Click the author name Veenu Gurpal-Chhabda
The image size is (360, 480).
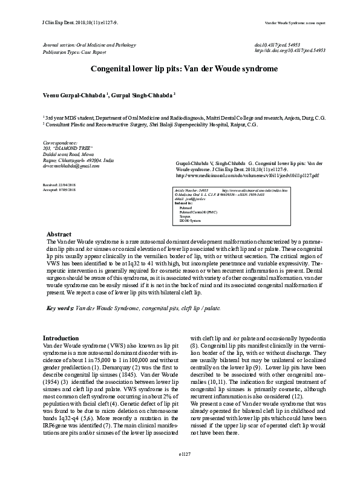[74, 96]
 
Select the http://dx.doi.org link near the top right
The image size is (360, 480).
[290, 51]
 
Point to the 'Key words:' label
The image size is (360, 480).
[61, 308]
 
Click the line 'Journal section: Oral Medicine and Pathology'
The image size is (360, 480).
[87, 45]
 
